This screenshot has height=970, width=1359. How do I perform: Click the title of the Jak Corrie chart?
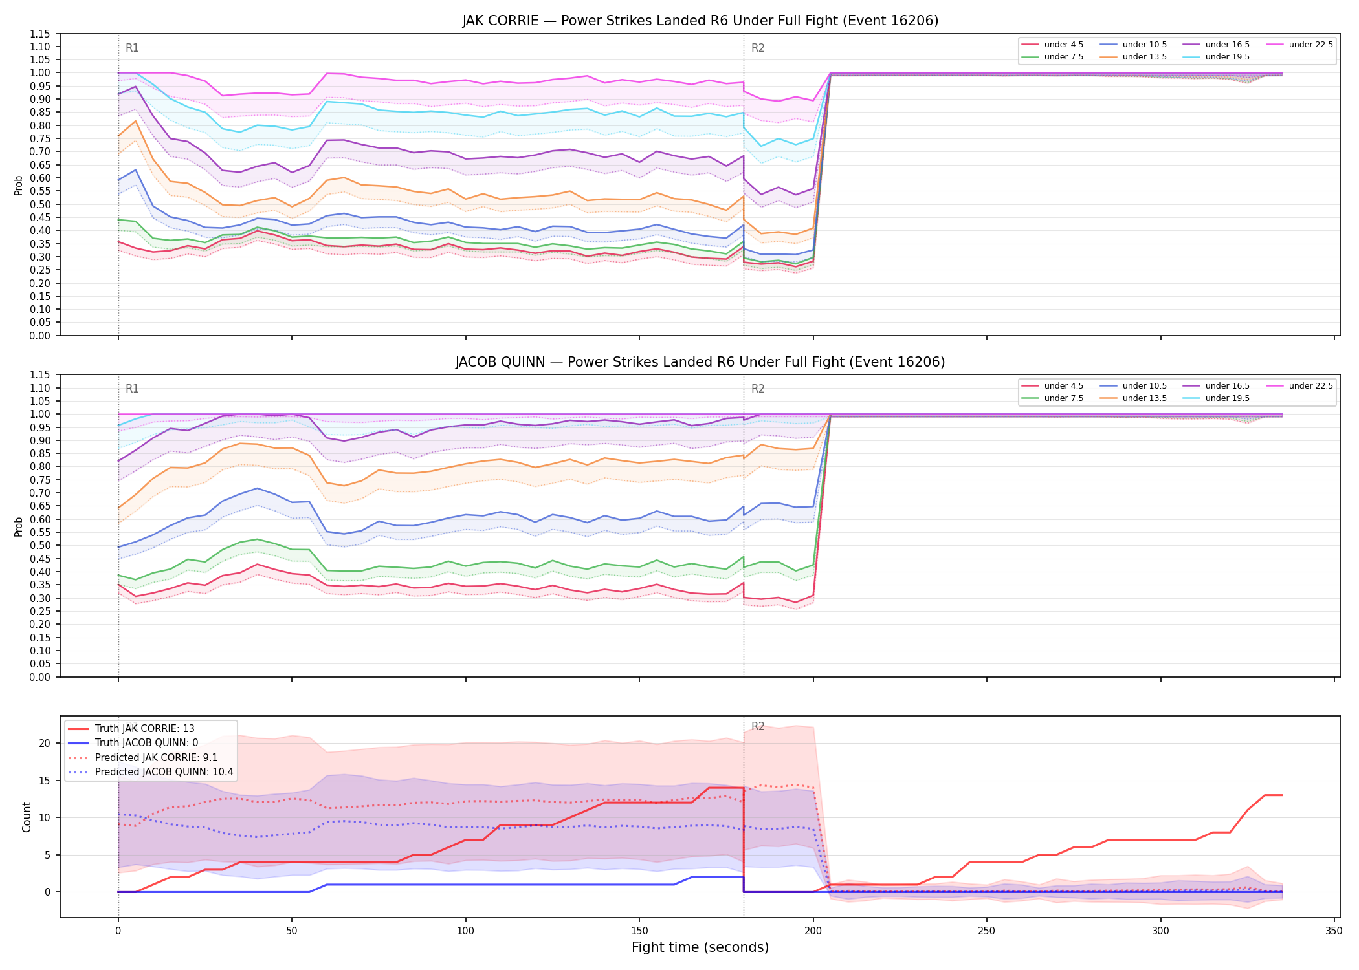(x=700, y=21)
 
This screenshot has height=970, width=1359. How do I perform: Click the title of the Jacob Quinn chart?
(x=700, y=362)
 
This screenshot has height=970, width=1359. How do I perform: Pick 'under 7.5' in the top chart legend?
(x=1064, y=57)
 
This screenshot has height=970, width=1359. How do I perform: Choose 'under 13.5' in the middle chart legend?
(x=1145, y=398)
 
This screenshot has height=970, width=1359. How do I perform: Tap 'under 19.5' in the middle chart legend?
(x=1228, y=398)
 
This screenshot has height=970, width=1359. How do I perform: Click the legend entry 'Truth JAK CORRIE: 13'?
(x=145, y=729)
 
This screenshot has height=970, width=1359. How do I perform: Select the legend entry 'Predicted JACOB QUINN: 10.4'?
(x=164, y=772)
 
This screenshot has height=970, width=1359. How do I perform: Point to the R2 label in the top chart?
(x=758, y=48)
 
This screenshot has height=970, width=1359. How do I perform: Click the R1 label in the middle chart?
(x=132, y=389)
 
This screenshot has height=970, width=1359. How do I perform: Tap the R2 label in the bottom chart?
(x=758, y=726)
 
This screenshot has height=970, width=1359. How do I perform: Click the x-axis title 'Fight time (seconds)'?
(x=700, y=947)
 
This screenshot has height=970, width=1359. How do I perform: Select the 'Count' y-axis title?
(x=27, y=817)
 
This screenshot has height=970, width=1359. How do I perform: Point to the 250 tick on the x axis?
(x=987, y=931)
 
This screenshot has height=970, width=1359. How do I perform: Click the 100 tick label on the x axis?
(x=465, y=931)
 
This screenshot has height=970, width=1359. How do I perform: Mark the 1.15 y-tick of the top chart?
(x=40, y=34)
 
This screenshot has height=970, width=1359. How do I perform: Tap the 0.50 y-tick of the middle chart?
(x=40, y=545)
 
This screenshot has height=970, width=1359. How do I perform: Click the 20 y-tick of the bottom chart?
(x=44, y=743)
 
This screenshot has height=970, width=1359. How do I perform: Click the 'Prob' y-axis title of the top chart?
(x=19, y=185)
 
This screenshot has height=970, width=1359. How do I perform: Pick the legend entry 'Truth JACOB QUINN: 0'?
(x=146, y=743)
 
